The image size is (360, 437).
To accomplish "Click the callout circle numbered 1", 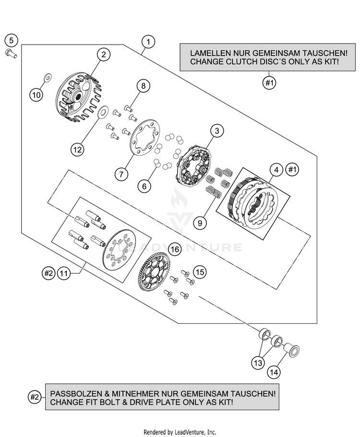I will [x=149, y=42].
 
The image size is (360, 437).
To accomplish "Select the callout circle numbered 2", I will [x=103, y=55].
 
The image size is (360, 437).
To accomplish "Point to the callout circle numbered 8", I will [x=143, y=86].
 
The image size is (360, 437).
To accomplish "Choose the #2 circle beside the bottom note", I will [x=34, y=397].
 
